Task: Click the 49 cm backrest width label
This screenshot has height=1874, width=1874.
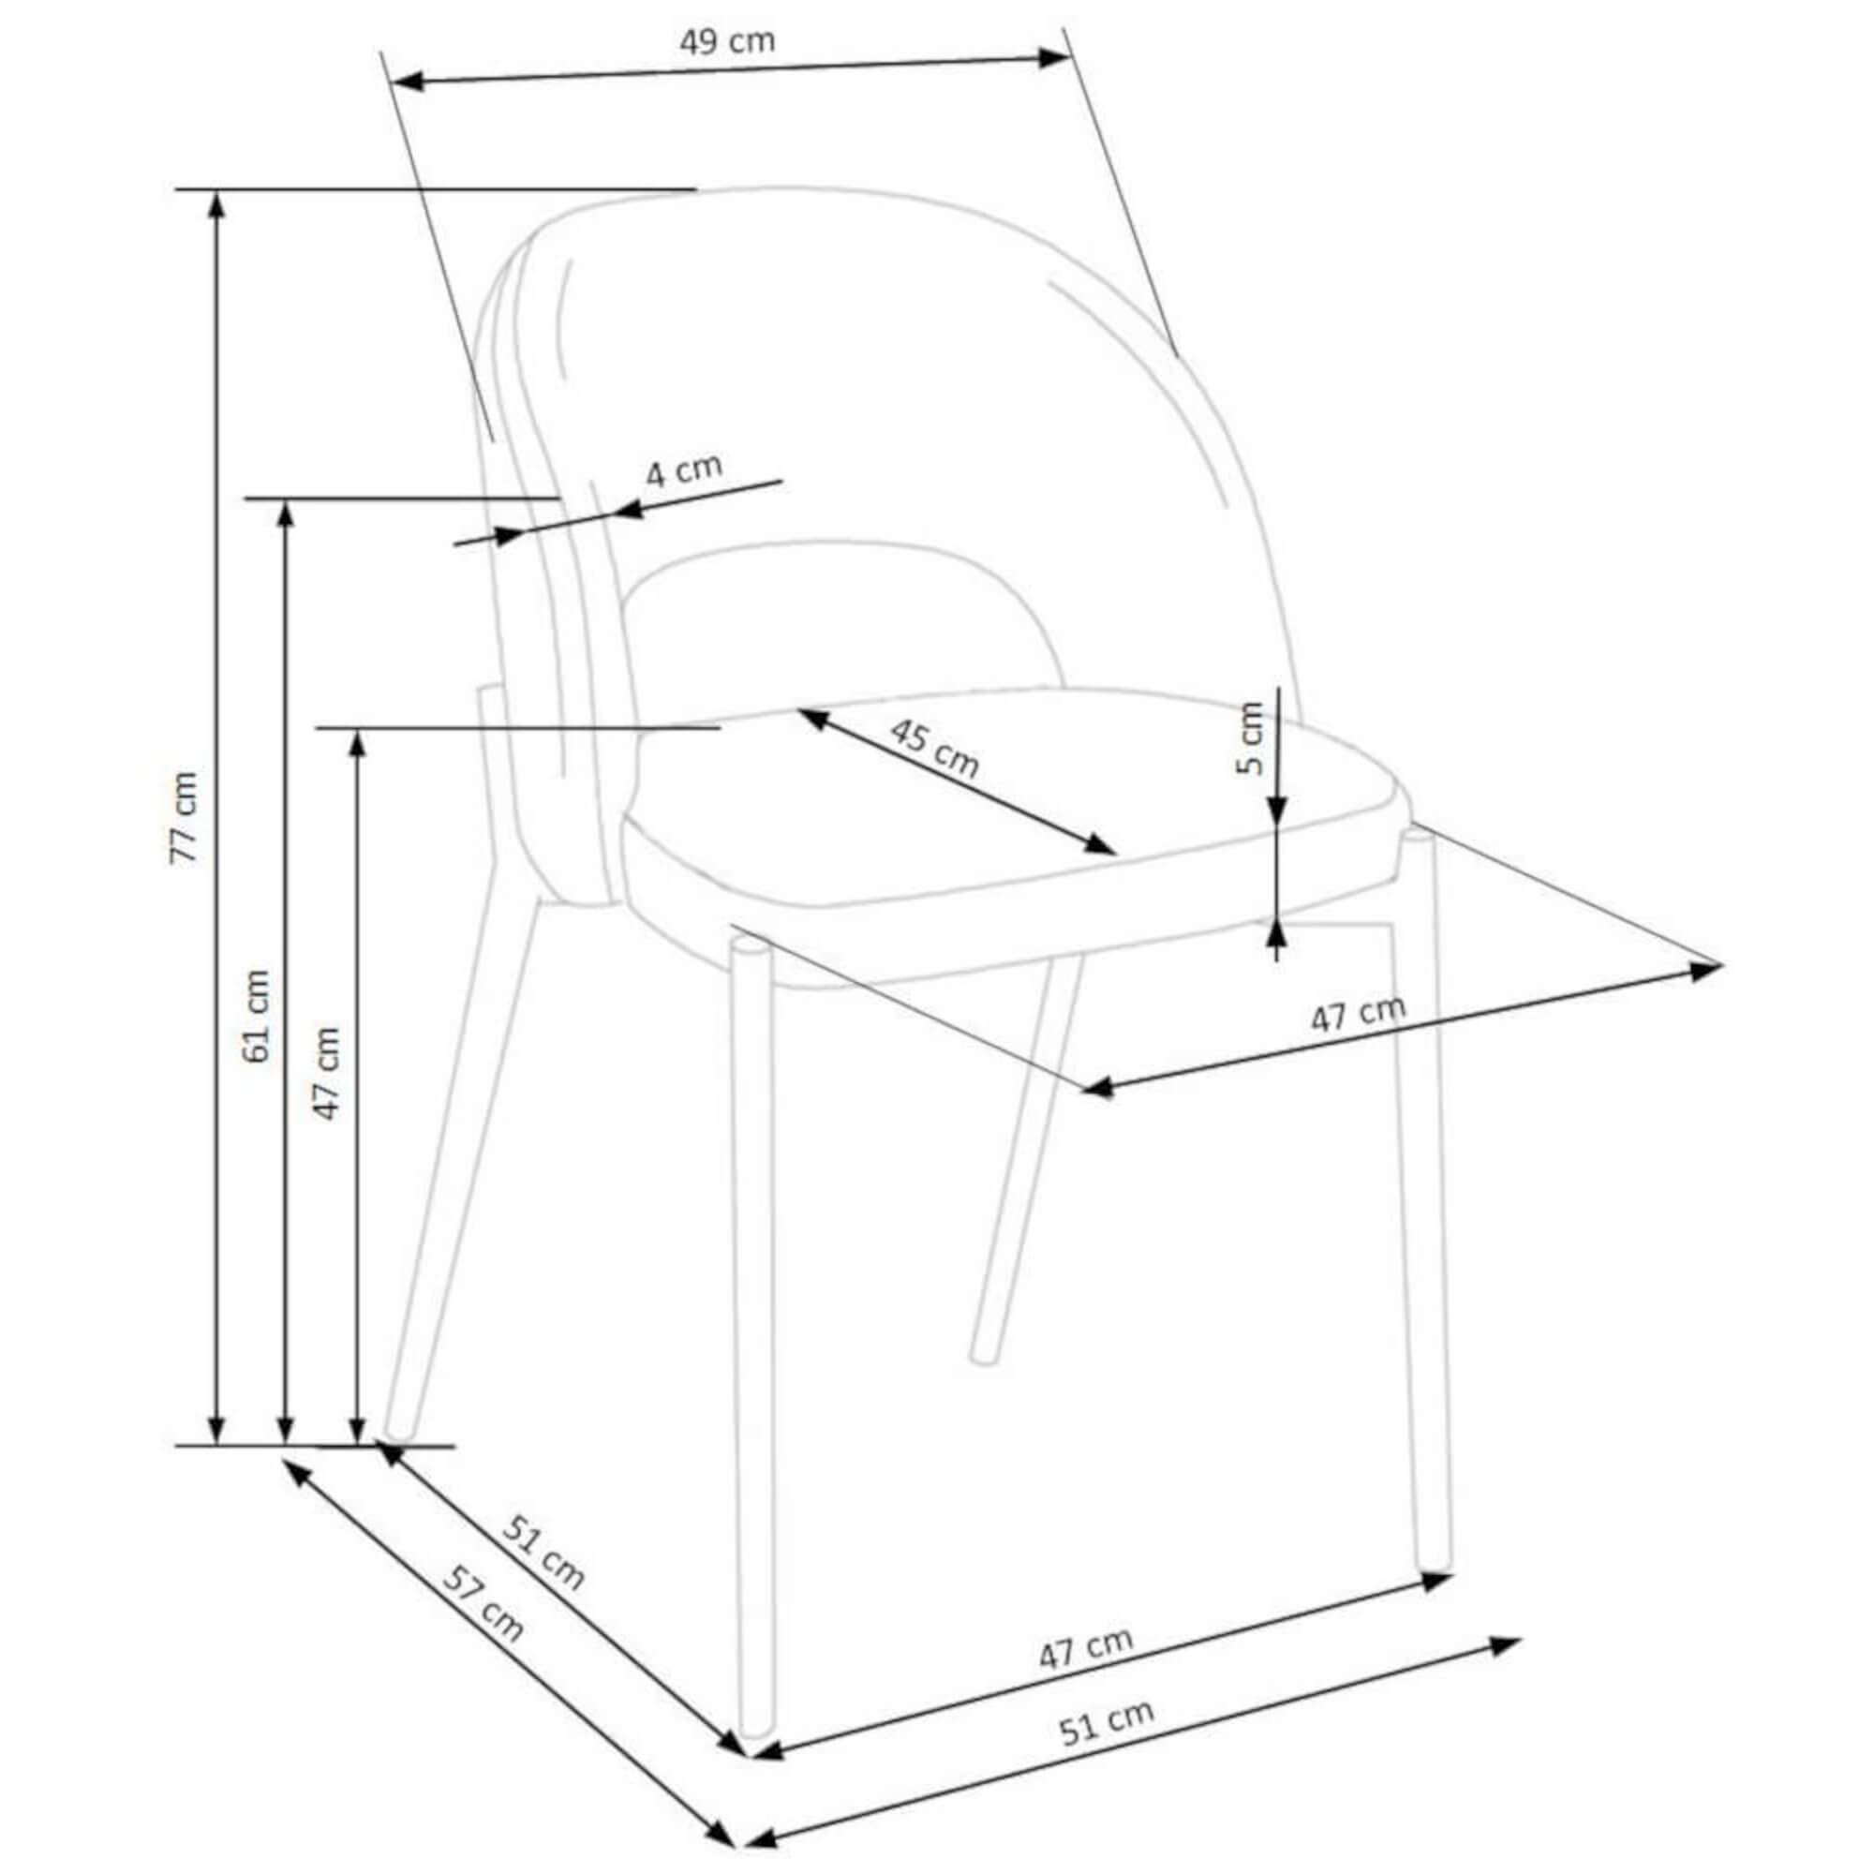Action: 726,42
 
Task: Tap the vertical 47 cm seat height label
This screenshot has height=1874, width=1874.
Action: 328,1073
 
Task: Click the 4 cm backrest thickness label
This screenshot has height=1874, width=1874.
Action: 685,470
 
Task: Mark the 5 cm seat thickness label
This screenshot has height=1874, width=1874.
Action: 1250,737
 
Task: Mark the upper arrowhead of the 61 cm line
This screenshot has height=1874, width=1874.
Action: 285,516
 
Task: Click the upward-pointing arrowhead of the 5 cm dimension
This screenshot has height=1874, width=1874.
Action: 1277,932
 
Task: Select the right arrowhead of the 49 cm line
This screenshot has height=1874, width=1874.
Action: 1053,57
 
